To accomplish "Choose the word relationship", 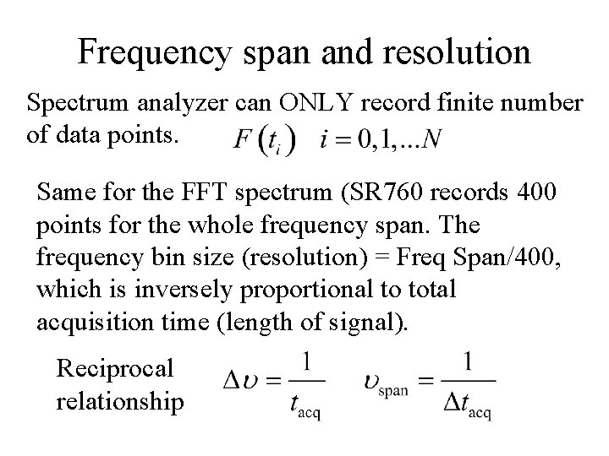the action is click(x=120, y=400).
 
